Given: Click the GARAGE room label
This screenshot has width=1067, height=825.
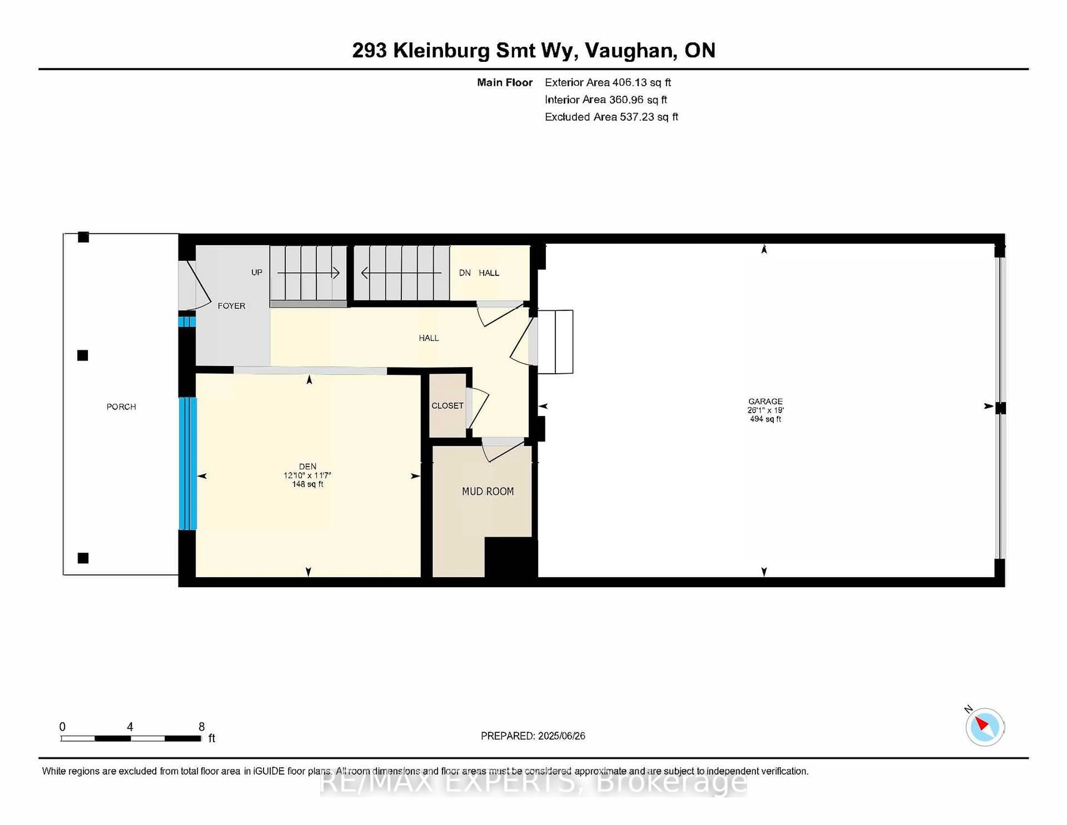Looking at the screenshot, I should [765, 401].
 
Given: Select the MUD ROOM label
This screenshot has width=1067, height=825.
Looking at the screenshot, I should [488, 491].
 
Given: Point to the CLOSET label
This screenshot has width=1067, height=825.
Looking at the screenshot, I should [447, 406].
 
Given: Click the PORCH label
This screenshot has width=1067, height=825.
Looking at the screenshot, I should [121, 407].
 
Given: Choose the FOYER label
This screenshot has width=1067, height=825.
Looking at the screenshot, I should [231, 306].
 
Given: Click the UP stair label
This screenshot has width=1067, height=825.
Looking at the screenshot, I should [256, 272].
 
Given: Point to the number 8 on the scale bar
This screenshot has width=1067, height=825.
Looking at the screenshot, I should [201, 727].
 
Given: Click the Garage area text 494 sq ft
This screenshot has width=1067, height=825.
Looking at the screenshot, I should [765, 419].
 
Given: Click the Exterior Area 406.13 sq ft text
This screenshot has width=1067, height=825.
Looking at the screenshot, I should [608, 83].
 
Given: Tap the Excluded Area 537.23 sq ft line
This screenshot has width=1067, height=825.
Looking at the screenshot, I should [611, 117].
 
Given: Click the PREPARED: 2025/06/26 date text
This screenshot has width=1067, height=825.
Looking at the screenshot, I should [532, 735].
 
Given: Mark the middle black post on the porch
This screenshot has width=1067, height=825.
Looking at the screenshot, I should [83, 355].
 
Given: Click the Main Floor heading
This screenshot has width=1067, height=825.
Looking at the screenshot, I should [505, 83].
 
